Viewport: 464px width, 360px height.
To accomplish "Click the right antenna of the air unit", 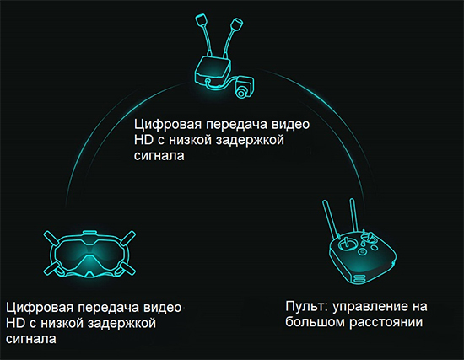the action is tap(233, 35).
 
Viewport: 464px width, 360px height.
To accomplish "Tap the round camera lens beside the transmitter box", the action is tap(240, 93).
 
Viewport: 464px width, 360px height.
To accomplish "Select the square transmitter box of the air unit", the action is tap(212, 71).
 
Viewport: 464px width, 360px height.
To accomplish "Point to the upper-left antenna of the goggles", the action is tap(51, 239).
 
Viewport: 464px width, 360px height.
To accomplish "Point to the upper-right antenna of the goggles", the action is tap(128, 238).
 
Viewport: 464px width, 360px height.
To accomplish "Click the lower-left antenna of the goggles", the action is tap(51, 269).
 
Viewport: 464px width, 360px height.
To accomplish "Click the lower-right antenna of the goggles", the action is tap(128, 269).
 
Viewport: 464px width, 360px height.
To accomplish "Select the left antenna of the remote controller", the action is tap(330, 220).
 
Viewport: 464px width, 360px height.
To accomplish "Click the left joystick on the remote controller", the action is tap(344, 244).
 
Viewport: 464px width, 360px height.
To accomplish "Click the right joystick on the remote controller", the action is tap(369, 237).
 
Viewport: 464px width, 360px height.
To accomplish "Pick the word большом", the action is tap(316, 322).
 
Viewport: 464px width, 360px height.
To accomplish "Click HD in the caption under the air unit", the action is tap(143, 140).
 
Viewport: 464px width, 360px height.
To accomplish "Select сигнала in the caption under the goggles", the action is tap(31, 339).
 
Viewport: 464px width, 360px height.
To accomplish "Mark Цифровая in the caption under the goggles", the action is tap(40, 308).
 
